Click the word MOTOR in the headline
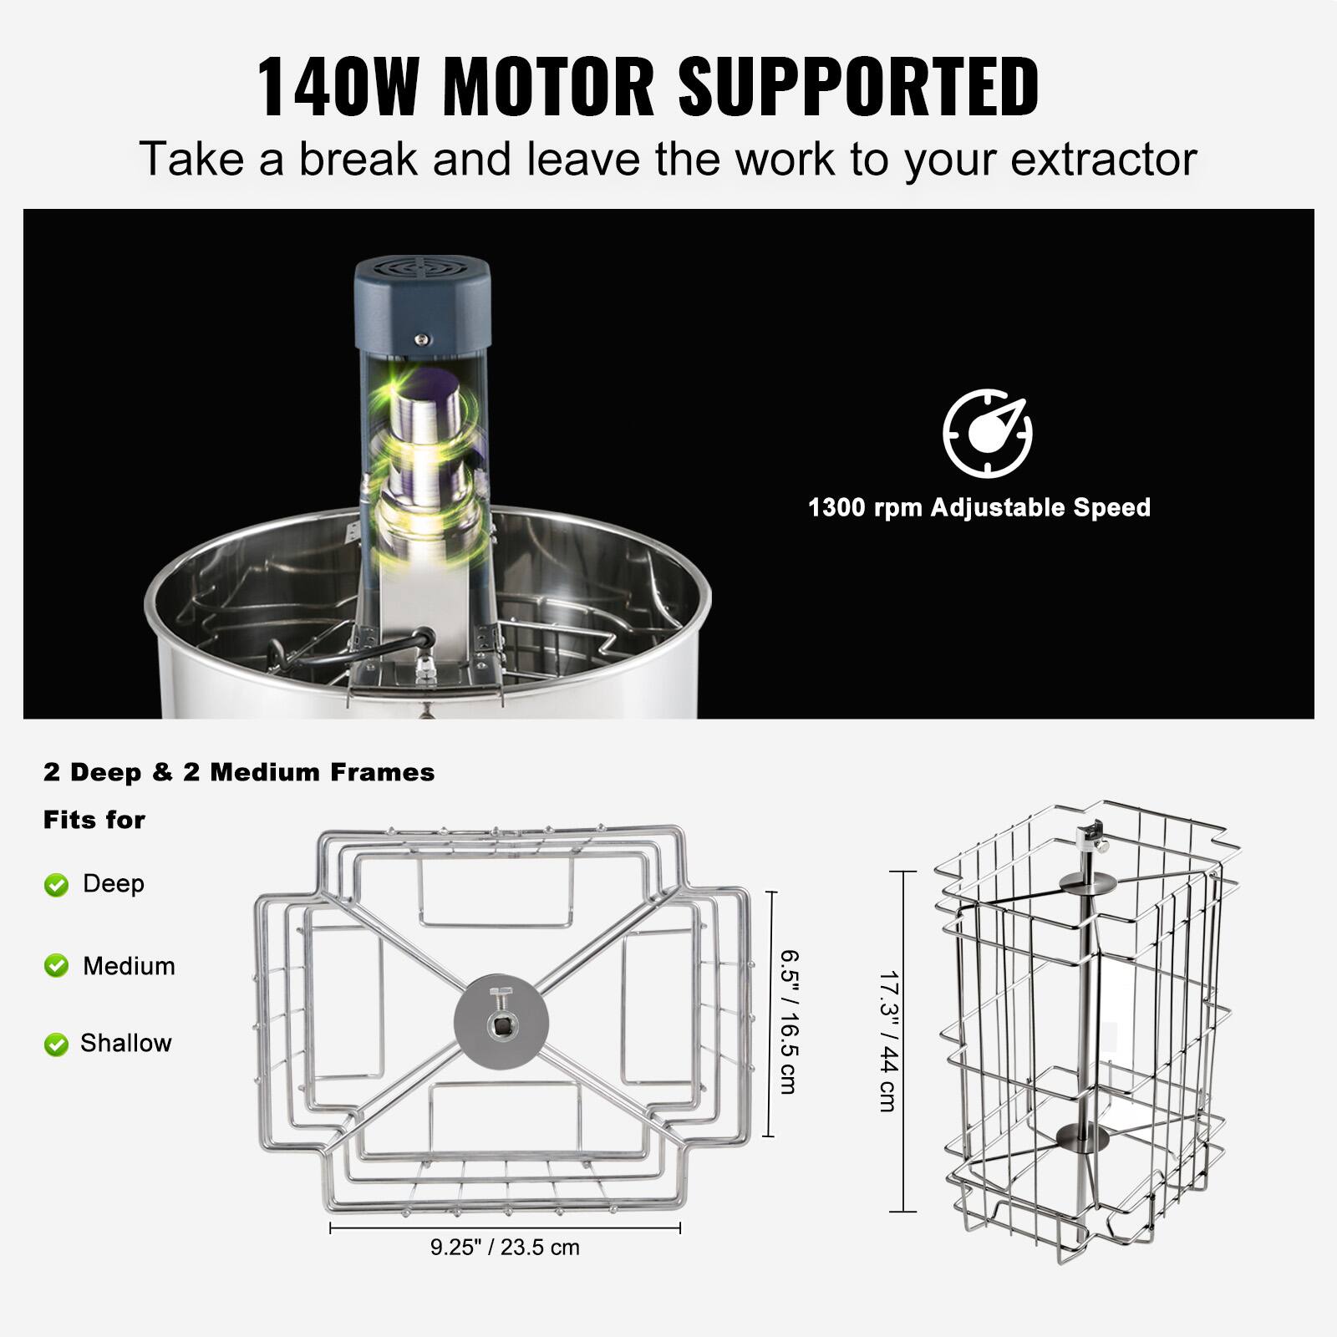pyautogui.click(x=548, y=86)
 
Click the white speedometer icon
pyautogui.click(x=988, y=433)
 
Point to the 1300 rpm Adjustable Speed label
pyautogui.click(x=979, y=507)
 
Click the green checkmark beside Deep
pyautogui.click(x=56, y=885)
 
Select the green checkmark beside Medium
pyautogui.click(x=56, y=966)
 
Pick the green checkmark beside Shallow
pyautogui.click(x=56, y=1044)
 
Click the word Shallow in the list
pyautogui.click(x=126, y=1043)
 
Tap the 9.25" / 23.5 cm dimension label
pyautogui.click(x=505, y=1248)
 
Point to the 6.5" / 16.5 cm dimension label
pyautogui.click(x=788, y=1021)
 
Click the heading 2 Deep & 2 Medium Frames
pyautogui.click(x=239, y=772)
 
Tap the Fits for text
pyautogui.click(x=94, y=820)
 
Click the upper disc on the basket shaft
pyautogui.click(x=1085, y=883)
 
